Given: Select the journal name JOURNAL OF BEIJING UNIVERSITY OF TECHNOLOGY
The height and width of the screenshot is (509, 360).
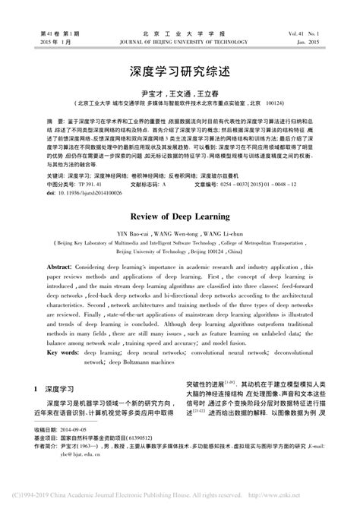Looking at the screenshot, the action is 180,43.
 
